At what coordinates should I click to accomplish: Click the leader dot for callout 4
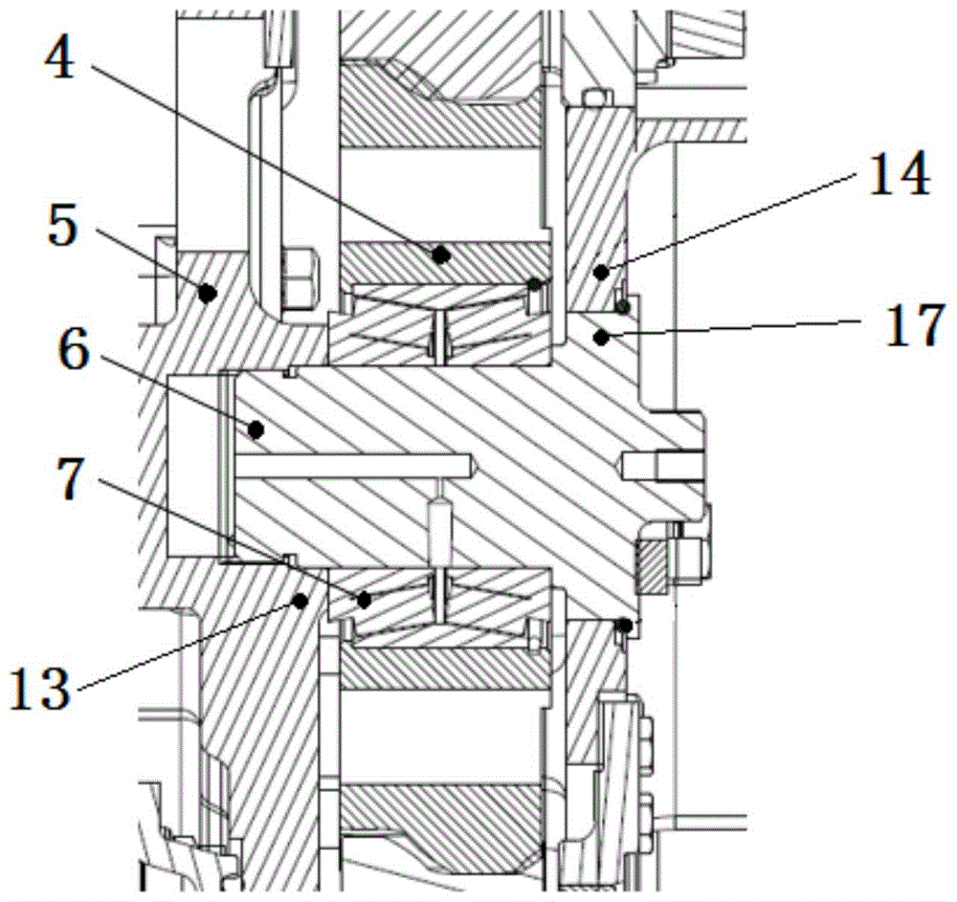[441, 254]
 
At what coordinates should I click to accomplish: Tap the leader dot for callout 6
[255, 429]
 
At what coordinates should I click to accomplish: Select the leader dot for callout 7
[364, 600]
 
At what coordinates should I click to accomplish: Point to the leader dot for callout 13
[300, 601]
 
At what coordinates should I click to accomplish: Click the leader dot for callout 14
[600, 273]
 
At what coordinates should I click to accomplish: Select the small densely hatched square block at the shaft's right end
[654, 565]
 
